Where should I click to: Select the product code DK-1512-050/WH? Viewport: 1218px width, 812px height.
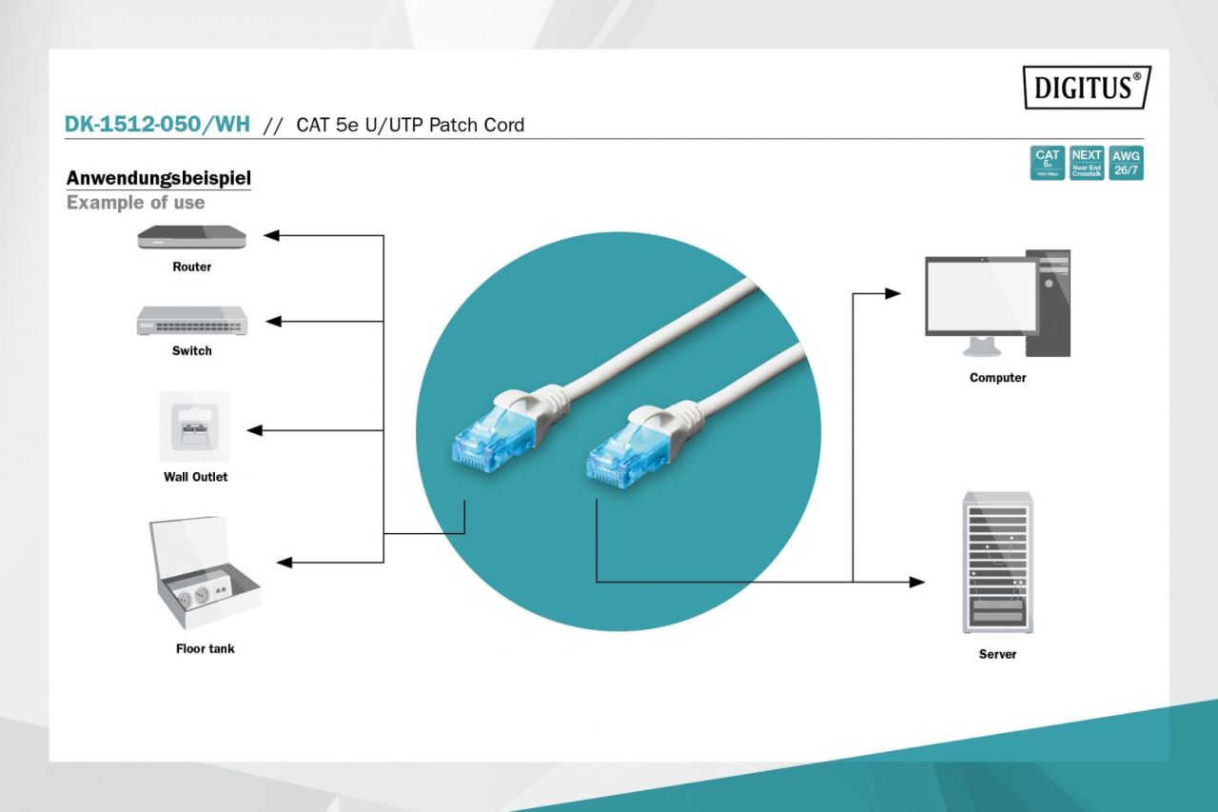tap(157, 125)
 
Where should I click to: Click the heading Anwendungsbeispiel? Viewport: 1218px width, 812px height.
tap(158, 178)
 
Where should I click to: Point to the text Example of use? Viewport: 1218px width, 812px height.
tap(135, 203)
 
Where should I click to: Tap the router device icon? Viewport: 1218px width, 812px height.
tap(191, 237)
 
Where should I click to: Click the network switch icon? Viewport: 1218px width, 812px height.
tap(191, 321)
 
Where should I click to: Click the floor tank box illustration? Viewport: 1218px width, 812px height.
tap(204, 576)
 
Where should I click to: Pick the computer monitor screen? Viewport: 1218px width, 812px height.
tap(981, 295)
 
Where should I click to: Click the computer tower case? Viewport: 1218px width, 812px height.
tap(1048, 304)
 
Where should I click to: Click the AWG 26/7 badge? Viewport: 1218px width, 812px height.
tap(1127, 164)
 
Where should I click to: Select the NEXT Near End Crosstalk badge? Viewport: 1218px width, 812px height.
tap(1087, 164)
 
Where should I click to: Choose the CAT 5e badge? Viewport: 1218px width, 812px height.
tap(1048, 164)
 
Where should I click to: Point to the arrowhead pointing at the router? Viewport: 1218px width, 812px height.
tap(271, 235)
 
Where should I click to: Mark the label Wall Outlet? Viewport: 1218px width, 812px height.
tap(195, 477)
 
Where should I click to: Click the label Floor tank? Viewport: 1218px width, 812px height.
tap(205, 649)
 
